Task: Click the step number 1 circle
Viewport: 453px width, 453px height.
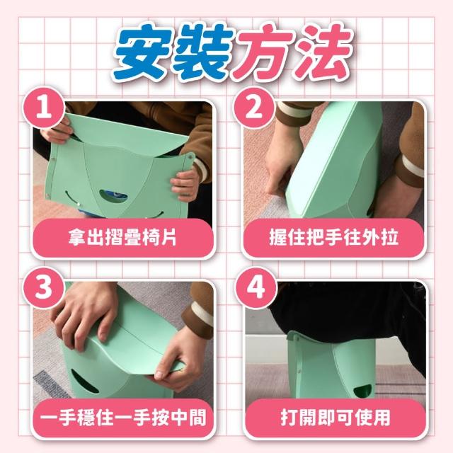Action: [x=44, y=108]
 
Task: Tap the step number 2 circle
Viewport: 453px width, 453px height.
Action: [x=254, y=108]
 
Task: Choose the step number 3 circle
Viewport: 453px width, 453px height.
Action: [x=44, y=288]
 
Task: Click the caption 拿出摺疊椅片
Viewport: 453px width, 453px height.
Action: [x=122, y=238]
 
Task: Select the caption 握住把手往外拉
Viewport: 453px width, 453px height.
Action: [x=334, y=238]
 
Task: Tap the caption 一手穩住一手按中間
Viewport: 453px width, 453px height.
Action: [x=123, y=417]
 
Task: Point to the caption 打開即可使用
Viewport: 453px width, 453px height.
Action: [x=335, y=417]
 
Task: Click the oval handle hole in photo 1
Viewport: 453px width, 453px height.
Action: [x=113, y=196]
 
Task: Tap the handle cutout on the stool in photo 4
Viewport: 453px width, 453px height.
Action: [x=364, y=390]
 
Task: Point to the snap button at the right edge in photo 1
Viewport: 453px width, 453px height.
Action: [x=190, y=157]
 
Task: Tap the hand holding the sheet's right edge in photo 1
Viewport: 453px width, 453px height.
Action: [x=185, y=185]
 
